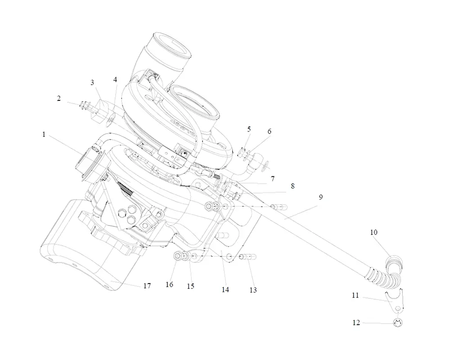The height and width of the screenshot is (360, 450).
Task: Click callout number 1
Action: coord(44,135)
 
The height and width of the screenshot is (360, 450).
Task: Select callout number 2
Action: coord(59,99)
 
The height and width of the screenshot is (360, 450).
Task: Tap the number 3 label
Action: coord(92,83)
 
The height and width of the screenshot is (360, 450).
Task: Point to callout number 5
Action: coord(249,130)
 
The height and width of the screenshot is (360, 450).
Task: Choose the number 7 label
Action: coord(285,179)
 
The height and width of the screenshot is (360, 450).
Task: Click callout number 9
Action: coord(321,197)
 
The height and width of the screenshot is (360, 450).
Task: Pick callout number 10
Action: coord(374,233)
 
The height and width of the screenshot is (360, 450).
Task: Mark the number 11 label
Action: coord(355,295)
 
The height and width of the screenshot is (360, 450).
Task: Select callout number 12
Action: coord(356,323)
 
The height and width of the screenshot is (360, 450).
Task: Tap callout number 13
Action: coord(253,290)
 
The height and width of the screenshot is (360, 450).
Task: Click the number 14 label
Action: coord(225,290)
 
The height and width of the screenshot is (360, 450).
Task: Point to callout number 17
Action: coord(147,286)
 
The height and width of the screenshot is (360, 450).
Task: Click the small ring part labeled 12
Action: coord(397,323)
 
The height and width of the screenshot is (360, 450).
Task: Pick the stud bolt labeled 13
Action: coord(249,257)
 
